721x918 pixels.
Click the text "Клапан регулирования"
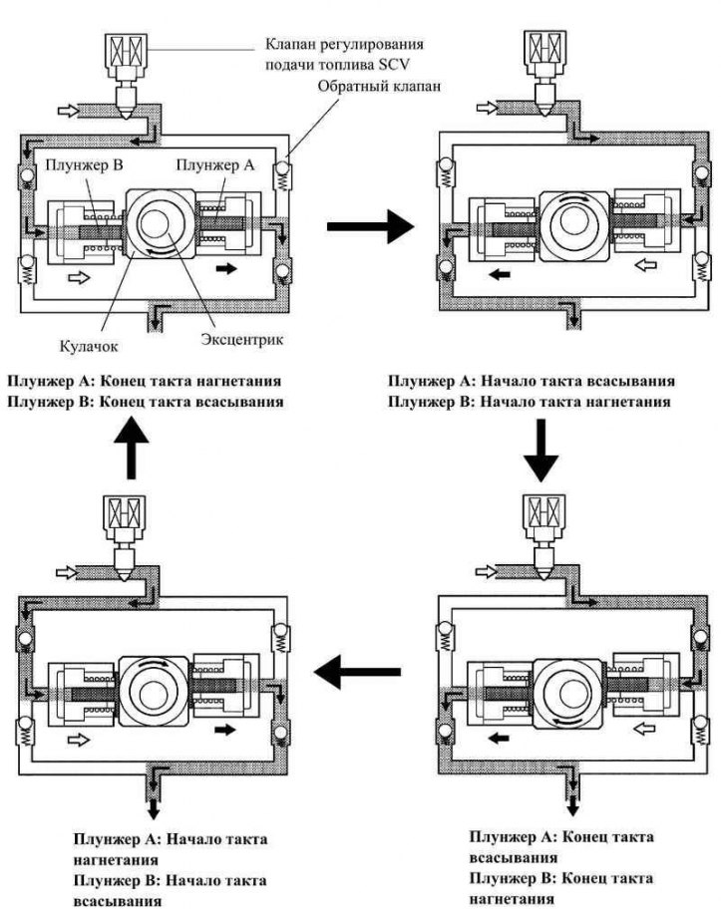tap(344, 44)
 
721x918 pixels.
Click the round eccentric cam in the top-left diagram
tap(162, 224)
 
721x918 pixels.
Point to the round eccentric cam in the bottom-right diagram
tap(565, 688)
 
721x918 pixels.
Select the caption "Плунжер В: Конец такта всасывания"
tap(144, 402)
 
